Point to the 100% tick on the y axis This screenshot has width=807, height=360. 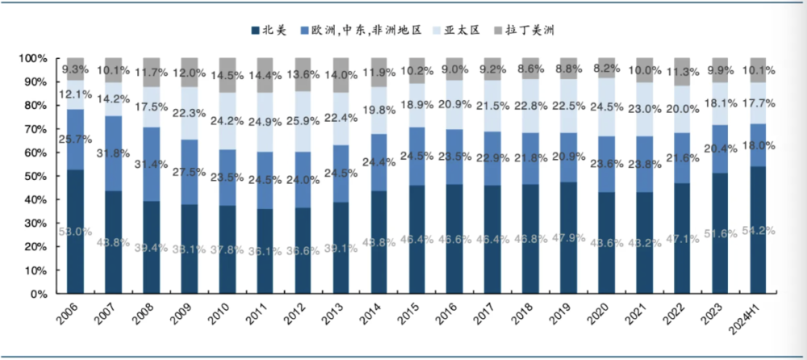[34, 59]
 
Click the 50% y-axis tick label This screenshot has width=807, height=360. [36, 177]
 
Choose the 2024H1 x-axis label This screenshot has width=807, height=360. [757, 320]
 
